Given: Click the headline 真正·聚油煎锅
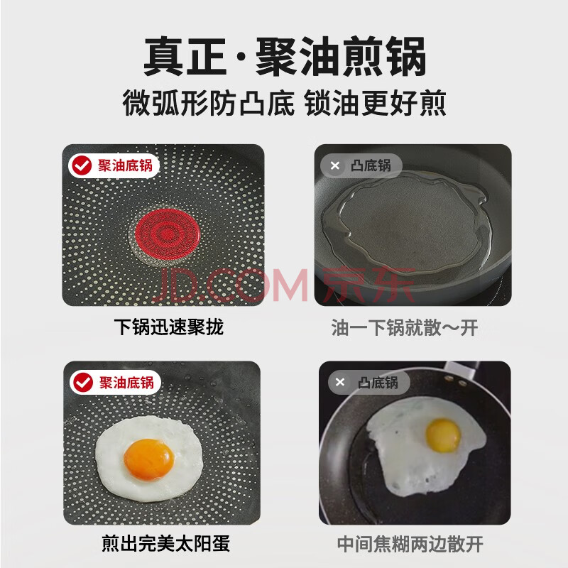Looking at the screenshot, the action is [x=285, y=56].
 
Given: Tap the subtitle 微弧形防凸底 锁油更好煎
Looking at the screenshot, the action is [x=285, y=103].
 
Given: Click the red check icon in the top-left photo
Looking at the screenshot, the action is [x=82, y=165].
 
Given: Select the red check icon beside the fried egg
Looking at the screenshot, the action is [x=83, y=382].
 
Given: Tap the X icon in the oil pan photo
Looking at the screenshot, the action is [x=335, y=165].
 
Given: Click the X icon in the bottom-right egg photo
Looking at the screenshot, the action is [x=340, y=382].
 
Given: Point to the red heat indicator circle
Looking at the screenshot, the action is [x=167, y=234].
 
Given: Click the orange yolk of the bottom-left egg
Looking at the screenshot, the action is [x=149, y=459].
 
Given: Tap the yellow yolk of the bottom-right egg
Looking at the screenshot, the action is [x=443, y=435].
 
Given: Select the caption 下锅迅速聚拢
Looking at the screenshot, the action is [x=169, y=327].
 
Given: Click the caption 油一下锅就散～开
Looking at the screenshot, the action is [x=405, y=327].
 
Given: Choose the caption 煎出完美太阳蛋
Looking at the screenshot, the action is [x=165, y=543].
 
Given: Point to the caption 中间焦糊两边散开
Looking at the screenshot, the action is [x=410, y=544].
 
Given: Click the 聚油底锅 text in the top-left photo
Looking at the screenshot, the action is [x=126, y=165].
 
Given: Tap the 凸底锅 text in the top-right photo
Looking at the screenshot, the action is [x=371, y=165].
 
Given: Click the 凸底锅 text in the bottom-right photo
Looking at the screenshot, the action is [x=378, y=383].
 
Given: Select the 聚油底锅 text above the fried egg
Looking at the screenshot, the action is [x=127, y=383].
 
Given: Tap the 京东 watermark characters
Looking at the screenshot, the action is [x=368, y=285].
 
